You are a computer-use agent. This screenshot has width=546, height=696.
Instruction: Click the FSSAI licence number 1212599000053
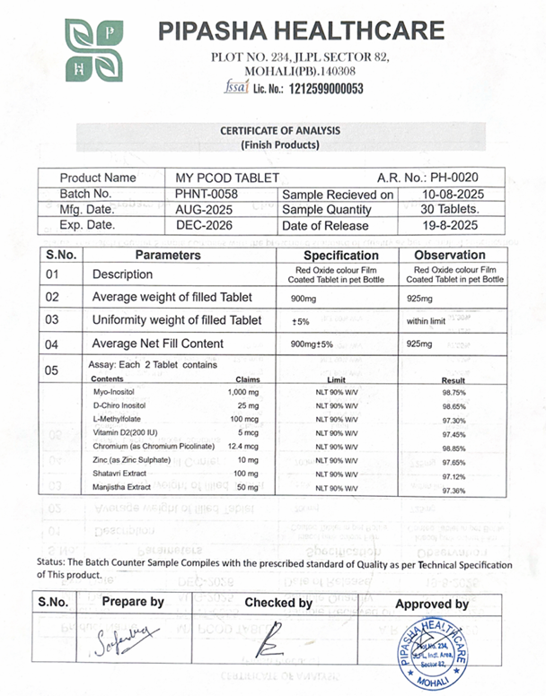coord(321,89)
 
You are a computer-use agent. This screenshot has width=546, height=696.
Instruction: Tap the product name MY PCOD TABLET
coord(227,178)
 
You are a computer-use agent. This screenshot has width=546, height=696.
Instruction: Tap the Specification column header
coord(336,256)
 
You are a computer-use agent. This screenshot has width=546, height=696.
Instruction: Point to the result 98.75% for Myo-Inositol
coord(454,393)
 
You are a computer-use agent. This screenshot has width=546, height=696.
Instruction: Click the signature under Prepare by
coord(124,639)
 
